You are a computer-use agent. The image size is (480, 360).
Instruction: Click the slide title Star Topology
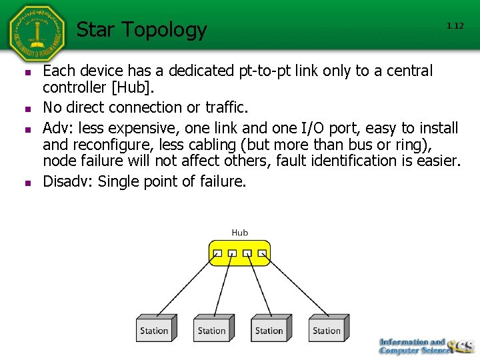click(x=141, y=30)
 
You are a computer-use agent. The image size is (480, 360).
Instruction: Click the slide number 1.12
click(x=455, y=26)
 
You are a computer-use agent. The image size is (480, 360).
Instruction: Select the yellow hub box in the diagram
click(x=239, y=253)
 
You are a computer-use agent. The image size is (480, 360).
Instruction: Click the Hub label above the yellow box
click(x=239, y=233)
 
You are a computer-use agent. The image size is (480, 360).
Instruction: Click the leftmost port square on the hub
click(x=217, y=253)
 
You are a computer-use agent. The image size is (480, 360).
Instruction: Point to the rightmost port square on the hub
click(x=262, y=253)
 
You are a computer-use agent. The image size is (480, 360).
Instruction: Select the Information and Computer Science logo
click(x=425, y=346)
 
